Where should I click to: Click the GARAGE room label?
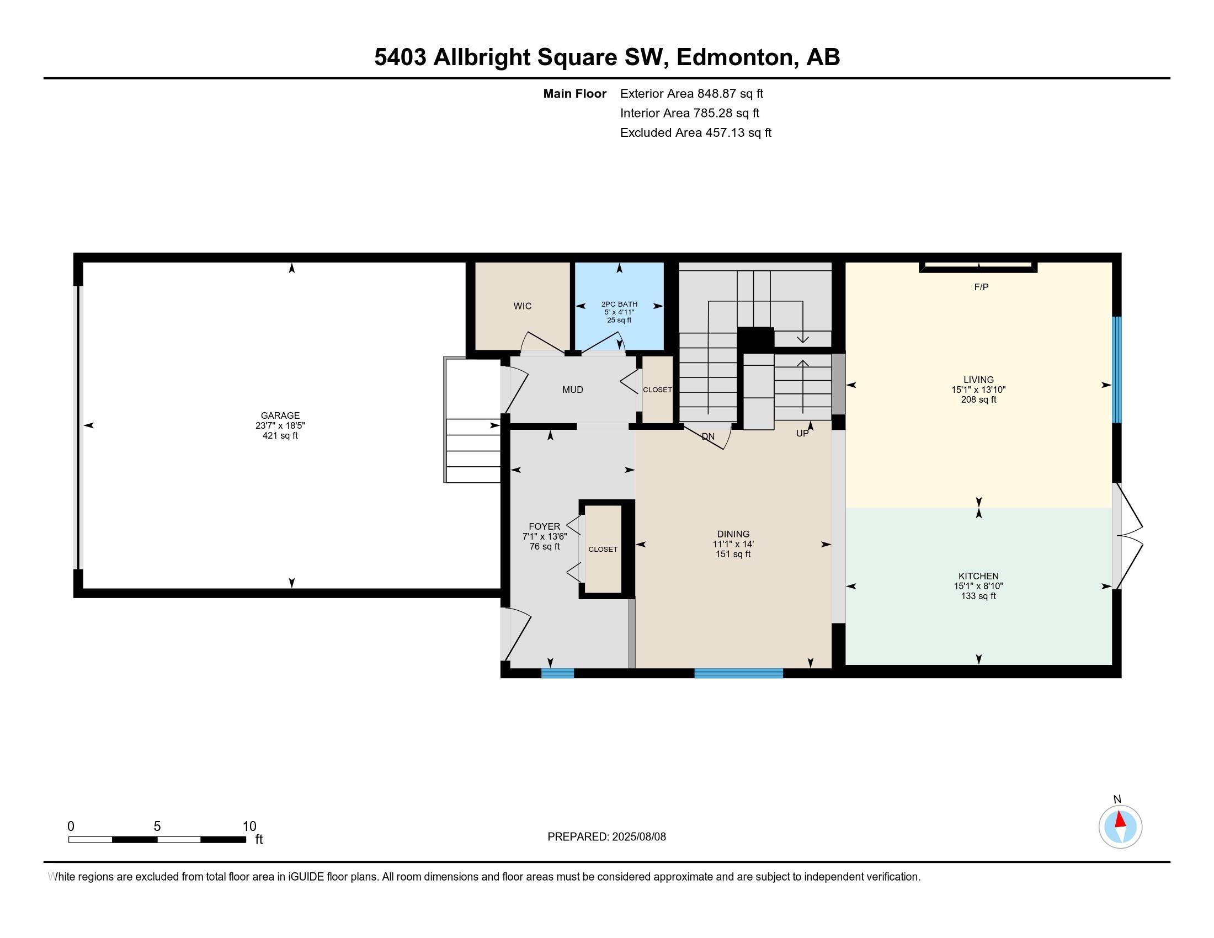pos(280,415)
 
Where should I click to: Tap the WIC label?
pos(523,306)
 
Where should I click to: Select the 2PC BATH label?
pos(619,305)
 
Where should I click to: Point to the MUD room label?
pos(573,390)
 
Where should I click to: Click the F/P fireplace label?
pos(981,287)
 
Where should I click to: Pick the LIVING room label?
pos(978,380)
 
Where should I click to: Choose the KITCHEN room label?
pos(978,576)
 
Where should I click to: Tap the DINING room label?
pos(733,534)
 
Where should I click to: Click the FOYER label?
pos(545,527)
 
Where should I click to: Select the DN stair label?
pos(708,437)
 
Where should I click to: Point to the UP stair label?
pos(802,434)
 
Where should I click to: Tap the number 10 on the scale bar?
pos(249,827)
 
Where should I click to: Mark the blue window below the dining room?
pos(739,673)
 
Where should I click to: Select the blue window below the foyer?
pos(557,673)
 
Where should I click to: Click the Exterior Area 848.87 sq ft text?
pos(691,94)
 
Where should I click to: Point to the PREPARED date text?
pos(606,837)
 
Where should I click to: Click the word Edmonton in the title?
pos(734,57)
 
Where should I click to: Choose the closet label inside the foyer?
pos(603,549)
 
